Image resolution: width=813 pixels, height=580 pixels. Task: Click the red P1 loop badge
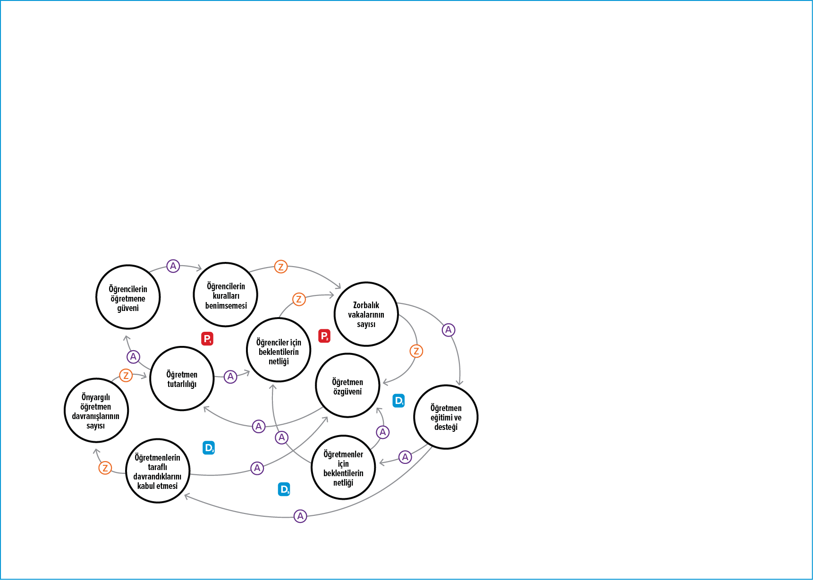tap(207, 339)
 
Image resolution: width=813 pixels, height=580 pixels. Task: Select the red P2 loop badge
tap(324, 336)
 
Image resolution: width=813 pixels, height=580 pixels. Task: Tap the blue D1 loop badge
tap(399, 401)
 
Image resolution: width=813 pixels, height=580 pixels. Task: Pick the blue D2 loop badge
tap(209, 448)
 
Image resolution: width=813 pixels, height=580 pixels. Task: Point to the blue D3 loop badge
tap(284, 489)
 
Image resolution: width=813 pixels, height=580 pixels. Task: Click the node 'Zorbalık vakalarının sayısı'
tap(366, 314)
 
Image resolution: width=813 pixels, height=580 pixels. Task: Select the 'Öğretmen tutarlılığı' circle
tap(182, 379)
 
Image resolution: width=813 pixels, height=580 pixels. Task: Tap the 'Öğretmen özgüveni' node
tap(347, 386)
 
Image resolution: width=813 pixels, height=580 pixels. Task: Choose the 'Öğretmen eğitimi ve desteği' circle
tap(446, 417)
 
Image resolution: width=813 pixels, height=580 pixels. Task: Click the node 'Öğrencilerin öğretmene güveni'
tap(128, 297)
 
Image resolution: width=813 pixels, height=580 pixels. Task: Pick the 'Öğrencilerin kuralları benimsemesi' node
tap(226, 295)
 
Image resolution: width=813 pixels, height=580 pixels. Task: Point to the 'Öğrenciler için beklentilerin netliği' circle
tap(279, 350)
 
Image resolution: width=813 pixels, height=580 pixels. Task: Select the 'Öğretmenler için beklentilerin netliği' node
tap(343, 467)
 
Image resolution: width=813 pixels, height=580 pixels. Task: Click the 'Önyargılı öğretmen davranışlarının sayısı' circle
tap(96, 411)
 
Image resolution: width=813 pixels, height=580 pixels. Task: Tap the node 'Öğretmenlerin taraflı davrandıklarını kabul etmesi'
tap(158, 471)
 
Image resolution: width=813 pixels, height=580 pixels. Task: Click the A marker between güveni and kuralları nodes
tap(173, 266)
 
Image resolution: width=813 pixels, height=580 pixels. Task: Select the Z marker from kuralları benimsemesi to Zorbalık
tap(281, 267)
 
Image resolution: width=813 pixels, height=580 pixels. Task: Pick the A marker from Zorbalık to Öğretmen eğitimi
tap(449, 330)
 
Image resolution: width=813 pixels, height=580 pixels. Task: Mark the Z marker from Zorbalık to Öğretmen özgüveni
tap(416, 351)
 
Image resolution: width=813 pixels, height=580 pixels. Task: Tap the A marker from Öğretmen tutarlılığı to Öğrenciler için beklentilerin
tap(230, 377)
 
